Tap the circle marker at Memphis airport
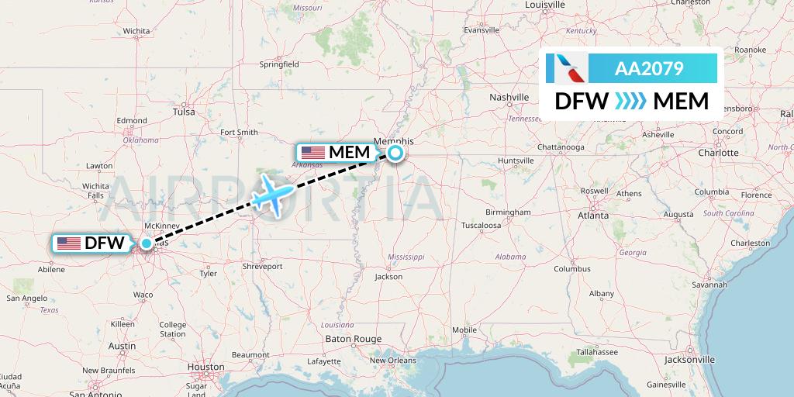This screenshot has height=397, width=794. tap(395, 153)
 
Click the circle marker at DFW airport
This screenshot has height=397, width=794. tap(147, 243)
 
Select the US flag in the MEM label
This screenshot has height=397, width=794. tap(313, 152)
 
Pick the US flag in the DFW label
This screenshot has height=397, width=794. tap(69, 243)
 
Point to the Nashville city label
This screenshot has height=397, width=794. tap(509, 97)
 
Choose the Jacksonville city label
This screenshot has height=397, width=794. tap(689, 360)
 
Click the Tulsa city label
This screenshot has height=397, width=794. tap(185, 112)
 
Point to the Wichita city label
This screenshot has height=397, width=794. tap(136, 31)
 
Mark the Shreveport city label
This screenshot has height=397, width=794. tap(262, 266)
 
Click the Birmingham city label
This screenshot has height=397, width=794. tap(509, 212)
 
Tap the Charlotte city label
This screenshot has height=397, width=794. tap(718, 153)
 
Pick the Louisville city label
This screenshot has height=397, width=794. tap(545, 5)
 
